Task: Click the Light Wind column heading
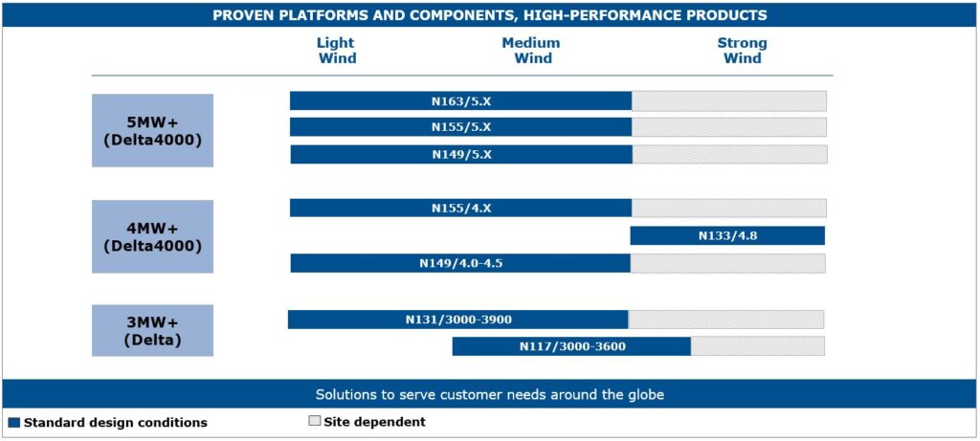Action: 337,51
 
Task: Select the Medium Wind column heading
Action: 531,51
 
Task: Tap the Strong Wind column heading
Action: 742,51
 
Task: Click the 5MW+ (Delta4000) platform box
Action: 152,130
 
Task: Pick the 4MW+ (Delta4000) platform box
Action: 152,236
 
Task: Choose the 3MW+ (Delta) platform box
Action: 152,330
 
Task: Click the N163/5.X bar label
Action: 461,101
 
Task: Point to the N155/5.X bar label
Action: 461,127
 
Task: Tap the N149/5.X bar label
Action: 461,155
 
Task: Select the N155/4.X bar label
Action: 461,208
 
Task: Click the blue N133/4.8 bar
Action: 727,235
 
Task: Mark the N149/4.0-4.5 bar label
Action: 460,264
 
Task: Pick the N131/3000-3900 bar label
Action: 458,320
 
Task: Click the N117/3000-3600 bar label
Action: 572,346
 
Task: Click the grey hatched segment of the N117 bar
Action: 758,346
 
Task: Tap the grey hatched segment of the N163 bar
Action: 728,101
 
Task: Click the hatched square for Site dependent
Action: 314,421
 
